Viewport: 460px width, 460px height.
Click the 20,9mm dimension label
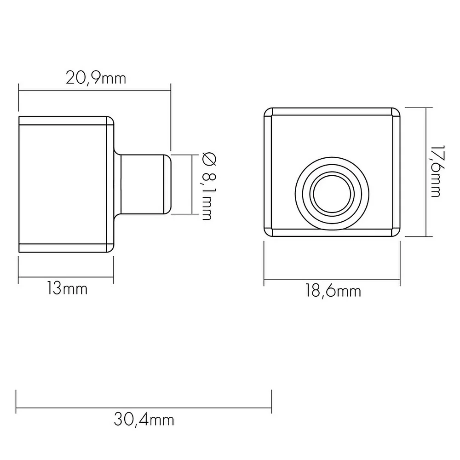96,78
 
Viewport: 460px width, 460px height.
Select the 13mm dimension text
67,289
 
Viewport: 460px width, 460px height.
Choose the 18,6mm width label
333,291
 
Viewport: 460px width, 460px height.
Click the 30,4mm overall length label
144,420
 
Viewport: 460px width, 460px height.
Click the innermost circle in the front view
332,194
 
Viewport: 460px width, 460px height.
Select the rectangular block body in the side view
66,184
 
